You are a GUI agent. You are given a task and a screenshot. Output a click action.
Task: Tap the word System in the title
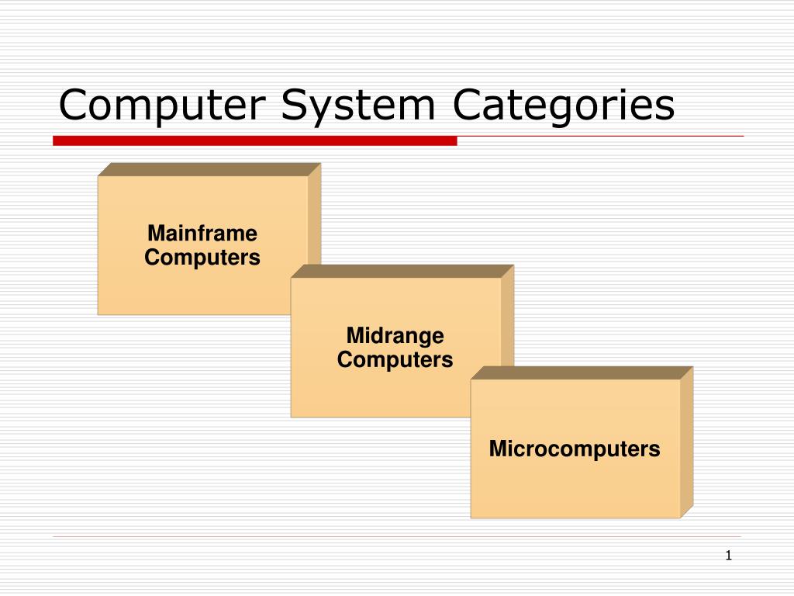coord(357,106)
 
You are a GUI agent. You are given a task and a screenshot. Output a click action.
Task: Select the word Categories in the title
coord(564,106)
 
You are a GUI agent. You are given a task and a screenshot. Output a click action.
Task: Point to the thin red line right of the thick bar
coord(601,137)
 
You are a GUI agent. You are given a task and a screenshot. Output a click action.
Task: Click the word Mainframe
coord(202,233)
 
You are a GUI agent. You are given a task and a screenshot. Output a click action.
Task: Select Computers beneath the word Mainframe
coord(202,258)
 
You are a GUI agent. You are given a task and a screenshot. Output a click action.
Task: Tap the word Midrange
coord(395,335)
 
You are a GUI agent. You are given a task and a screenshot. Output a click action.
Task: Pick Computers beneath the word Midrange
coord(395,360)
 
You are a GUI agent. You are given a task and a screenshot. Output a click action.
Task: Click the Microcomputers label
coord(575,449)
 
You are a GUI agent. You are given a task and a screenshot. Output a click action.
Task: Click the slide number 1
coord(728,555)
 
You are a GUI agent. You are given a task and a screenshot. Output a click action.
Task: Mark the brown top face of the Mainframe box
coord(209,169)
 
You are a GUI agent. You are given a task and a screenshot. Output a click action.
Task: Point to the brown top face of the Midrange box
coord(402,271)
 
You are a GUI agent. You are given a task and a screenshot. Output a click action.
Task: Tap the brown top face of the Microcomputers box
coord(582,372)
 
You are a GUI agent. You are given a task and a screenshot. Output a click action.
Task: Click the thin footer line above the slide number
coord(397,536)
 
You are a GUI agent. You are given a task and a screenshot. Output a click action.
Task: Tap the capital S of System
coord(293,106)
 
